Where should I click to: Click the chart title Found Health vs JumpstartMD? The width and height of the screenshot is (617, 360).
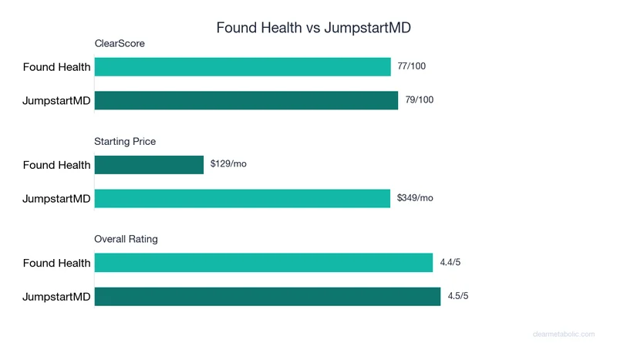point(313,28)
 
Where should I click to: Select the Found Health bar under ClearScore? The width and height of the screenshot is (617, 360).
point(242,67)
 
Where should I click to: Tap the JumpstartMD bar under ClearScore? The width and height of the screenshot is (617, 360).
point(246,100)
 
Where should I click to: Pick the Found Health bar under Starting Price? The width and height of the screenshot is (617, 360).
point(149,165)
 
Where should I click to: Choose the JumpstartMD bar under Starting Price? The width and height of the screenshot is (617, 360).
point(242,198)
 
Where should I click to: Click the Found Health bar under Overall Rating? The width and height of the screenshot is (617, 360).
point(264,263)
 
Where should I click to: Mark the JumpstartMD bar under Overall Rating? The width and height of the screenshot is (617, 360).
point(267,296)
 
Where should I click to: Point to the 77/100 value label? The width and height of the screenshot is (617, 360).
point(411,66)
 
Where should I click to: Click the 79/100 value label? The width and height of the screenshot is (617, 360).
point(419,99)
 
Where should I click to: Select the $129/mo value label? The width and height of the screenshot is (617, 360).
point(228,164)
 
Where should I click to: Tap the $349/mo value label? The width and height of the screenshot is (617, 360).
point(415,198)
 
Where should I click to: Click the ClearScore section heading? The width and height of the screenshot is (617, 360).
point(120,44)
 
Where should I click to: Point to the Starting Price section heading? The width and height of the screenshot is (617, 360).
point(125,142)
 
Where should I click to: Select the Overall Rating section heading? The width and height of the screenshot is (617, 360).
point(126,239)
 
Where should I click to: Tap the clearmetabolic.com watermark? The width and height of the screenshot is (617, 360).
point(564,335)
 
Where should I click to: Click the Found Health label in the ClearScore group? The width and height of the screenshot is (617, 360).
point(56,67)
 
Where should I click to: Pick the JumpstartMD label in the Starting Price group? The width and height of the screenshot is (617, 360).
point(56,199)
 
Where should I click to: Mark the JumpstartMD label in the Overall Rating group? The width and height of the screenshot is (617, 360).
point(56,297)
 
